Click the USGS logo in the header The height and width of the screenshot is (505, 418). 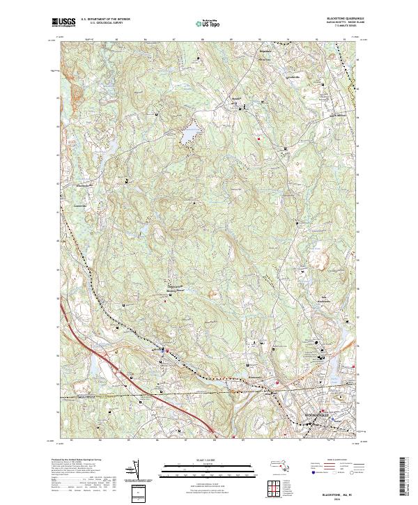click(x=63, y=22)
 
